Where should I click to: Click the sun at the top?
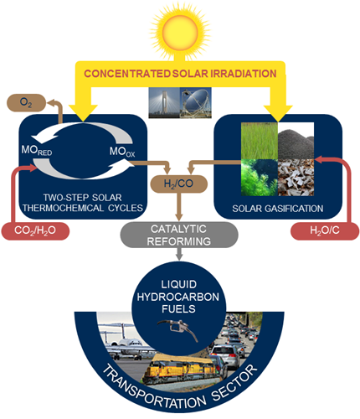180,31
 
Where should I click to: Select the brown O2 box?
26,103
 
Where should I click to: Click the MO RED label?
37,150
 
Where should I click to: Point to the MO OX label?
122,152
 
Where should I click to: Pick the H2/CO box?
179,184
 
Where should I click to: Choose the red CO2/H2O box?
35,230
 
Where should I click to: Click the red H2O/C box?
325,230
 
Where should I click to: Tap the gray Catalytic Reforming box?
179,235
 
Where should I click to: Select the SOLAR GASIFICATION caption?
278,209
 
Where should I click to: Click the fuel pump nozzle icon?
178,329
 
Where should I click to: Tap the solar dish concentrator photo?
196,102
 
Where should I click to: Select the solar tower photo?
164,102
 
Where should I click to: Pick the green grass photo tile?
260,141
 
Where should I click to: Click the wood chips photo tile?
296,178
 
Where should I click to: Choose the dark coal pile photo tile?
296,141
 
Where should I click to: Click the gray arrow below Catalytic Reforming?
179,254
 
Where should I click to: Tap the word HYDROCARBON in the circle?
178,297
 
